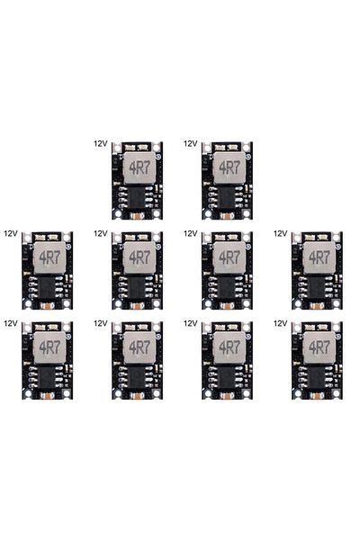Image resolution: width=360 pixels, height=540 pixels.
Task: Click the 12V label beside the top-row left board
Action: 101,144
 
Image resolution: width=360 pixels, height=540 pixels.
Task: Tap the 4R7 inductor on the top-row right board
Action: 229,167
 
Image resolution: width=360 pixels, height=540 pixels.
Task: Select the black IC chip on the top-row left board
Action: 138,198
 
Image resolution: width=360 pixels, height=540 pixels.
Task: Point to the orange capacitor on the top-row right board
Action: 228,216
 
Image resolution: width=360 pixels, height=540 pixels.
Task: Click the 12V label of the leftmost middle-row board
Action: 11,233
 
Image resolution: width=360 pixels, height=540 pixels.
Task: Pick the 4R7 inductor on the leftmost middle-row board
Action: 49,257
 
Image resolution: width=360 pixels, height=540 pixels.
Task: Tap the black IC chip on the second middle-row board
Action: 138,288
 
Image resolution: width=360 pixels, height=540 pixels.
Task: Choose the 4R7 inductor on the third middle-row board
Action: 229,257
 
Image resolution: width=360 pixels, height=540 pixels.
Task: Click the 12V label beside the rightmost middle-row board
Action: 281,233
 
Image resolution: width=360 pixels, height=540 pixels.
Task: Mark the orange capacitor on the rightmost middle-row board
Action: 318,306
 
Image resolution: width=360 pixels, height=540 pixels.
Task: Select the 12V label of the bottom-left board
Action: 11,323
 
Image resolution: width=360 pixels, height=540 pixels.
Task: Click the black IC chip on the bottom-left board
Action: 48,378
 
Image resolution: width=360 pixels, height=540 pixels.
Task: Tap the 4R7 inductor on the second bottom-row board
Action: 139,347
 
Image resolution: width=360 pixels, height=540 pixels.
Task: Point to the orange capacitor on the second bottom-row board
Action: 138,396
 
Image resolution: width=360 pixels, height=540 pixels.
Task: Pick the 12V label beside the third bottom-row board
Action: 191,323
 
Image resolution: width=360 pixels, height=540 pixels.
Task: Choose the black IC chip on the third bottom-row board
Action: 228,378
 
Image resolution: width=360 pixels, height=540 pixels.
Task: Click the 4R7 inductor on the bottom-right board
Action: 319,347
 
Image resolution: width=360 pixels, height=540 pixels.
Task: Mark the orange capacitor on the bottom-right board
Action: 318,396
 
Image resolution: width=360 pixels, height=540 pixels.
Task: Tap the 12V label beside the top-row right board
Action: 191,144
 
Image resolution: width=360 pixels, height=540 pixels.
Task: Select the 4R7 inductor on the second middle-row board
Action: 139,257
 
